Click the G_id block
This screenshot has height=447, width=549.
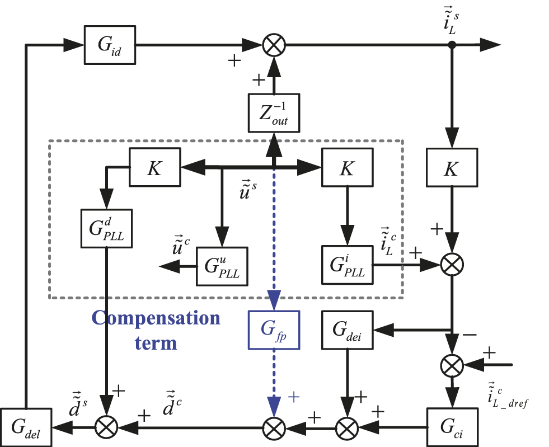110,45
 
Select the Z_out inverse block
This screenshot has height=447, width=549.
274,111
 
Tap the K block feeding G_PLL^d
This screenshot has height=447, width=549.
155,167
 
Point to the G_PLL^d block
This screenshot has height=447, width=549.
106,229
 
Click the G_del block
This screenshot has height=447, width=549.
26,427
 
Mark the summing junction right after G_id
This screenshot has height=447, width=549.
274,45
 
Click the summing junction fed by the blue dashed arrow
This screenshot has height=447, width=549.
274,428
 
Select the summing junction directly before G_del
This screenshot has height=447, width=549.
106,428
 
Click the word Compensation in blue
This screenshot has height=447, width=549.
156,318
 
